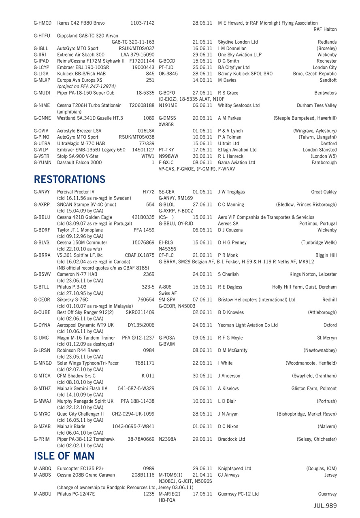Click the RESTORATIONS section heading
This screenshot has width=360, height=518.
click(x=70, y=179)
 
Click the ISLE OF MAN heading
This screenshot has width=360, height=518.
click(x=64, y=456)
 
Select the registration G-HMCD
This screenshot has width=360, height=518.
click(x=43, y=23)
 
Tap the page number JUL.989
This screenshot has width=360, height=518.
click(x=325, y=506)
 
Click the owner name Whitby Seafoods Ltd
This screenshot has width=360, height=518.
click(x=239, y=105)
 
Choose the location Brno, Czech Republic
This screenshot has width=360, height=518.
click(x=315, y=74)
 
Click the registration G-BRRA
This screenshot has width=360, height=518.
click(x=42, y=255)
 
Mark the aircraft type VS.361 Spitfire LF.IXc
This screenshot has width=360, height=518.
click(x=80, y=255)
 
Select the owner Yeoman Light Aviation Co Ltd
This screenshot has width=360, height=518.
click(x=248, y=325)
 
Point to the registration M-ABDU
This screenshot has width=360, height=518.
click(x=43, y=494)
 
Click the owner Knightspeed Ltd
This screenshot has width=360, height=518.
click(x=234, y=469)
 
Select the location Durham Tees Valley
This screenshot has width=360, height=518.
click(x=316, y=105)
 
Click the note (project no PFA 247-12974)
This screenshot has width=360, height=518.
click(x=87, y=86)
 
